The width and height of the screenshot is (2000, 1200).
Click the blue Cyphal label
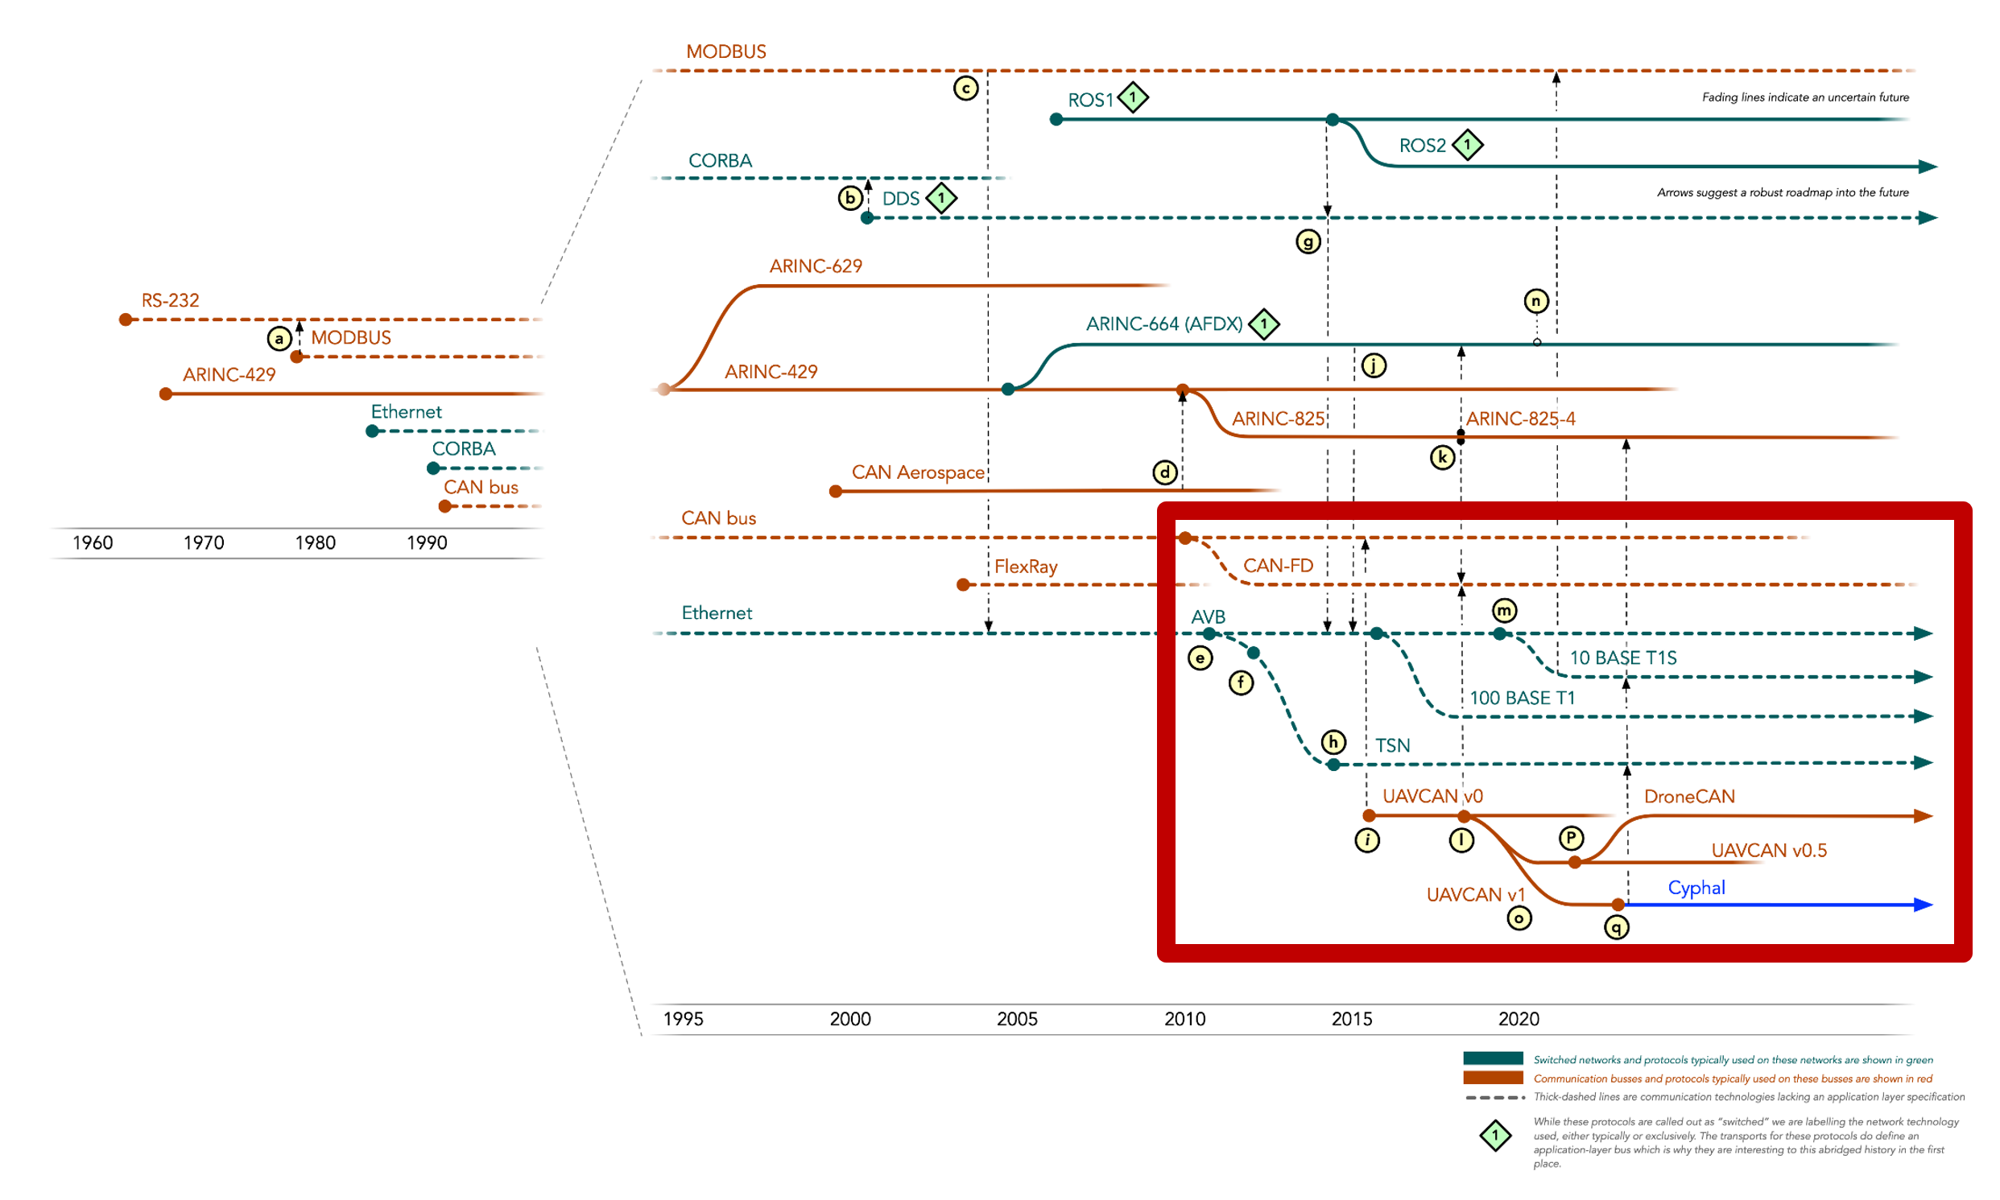pos(1696,888)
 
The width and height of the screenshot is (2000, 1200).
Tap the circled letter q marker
pos(1616,926)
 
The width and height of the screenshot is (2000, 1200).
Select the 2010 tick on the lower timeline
pos(1184,1019)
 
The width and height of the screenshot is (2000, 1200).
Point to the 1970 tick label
pos(203,542)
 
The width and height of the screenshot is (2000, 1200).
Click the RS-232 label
pos(170,300)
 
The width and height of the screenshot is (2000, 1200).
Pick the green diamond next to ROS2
pos(1467,145)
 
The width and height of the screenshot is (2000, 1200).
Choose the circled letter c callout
pos(965,89)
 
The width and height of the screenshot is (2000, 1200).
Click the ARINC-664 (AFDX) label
pos(1163,324)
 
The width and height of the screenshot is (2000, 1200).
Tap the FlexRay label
pos(1026,567)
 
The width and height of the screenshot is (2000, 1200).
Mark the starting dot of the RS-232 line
pos(126,320)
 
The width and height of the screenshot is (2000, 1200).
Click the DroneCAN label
pos(1689,797)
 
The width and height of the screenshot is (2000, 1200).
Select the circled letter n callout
pos(1535,302)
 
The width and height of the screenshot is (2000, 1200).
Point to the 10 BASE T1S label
pos(1622,658)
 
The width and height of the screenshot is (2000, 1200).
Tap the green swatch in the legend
pos(1492,1058)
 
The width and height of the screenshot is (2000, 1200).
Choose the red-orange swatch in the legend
pos(1492,1078)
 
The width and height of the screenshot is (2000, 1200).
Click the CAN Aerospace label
pos(918,472)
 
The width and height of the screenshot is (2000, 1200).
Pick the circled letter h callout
pos(1333,741)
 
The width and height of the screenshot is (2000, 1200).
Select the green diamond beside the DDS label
pos(940,198)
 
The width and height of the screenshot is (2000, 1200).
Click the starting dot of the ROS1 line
pos(1056,120)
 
